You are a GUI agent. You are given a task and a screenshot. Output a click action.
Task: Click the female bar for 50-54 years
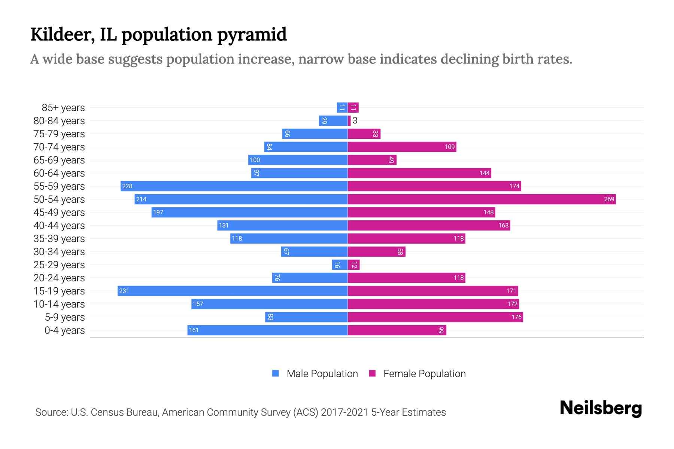(x=482, y=199)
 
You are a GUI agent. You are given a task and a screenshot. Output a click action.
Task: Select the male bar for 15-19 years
(x=233, y=291)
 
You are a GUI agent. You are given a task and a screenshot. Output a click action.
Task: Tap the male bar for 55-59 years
(x=234, y=186)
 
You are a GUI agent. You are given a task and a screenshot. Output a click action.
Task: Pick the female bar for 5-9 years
(x=435, y=317)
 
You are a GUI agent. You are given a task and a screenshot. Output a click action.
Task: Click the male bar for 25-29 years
(x=340, y=265)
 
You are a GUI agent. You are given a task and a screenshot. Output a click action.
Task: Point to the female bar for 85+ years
(x=353, y=108)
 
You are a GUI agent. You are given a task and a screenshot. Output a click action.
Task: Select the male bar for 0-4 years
(x=267, y=330)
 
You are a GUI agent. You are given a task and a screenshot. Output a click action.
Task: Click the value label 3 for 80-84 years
(x=355, y=120)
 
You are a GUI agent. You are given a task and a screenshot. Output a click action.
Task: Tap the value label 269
(x=609, y=199)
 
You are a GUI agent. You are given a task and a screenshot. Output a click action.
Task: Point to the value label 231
(x=124, y=291)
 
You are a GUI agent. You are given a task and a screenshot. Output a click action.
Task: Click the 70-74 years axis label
(x=59, y=147)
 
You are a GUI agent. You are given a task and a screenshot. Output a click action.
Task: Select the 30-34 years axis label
(x=59, y=252)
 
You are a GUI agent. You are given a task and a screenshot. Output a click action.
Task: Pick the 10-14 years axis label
(x=59, y=304)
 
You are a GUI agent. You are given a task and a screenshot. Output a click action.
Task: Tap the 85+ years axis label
(x=63, y=108)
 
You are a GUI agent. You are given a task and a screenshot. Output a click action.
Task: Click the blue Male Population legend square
(x=276, y=373)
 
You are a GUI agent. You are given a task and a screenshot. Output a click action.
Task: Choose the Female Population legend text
(x=424, y=374)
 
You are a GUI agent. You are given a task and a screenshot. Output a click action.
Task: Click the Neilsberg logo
(x=601, y=408)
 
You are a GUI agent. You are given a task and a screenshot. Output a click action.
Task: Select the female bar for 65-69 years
(x=372, y=160)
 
